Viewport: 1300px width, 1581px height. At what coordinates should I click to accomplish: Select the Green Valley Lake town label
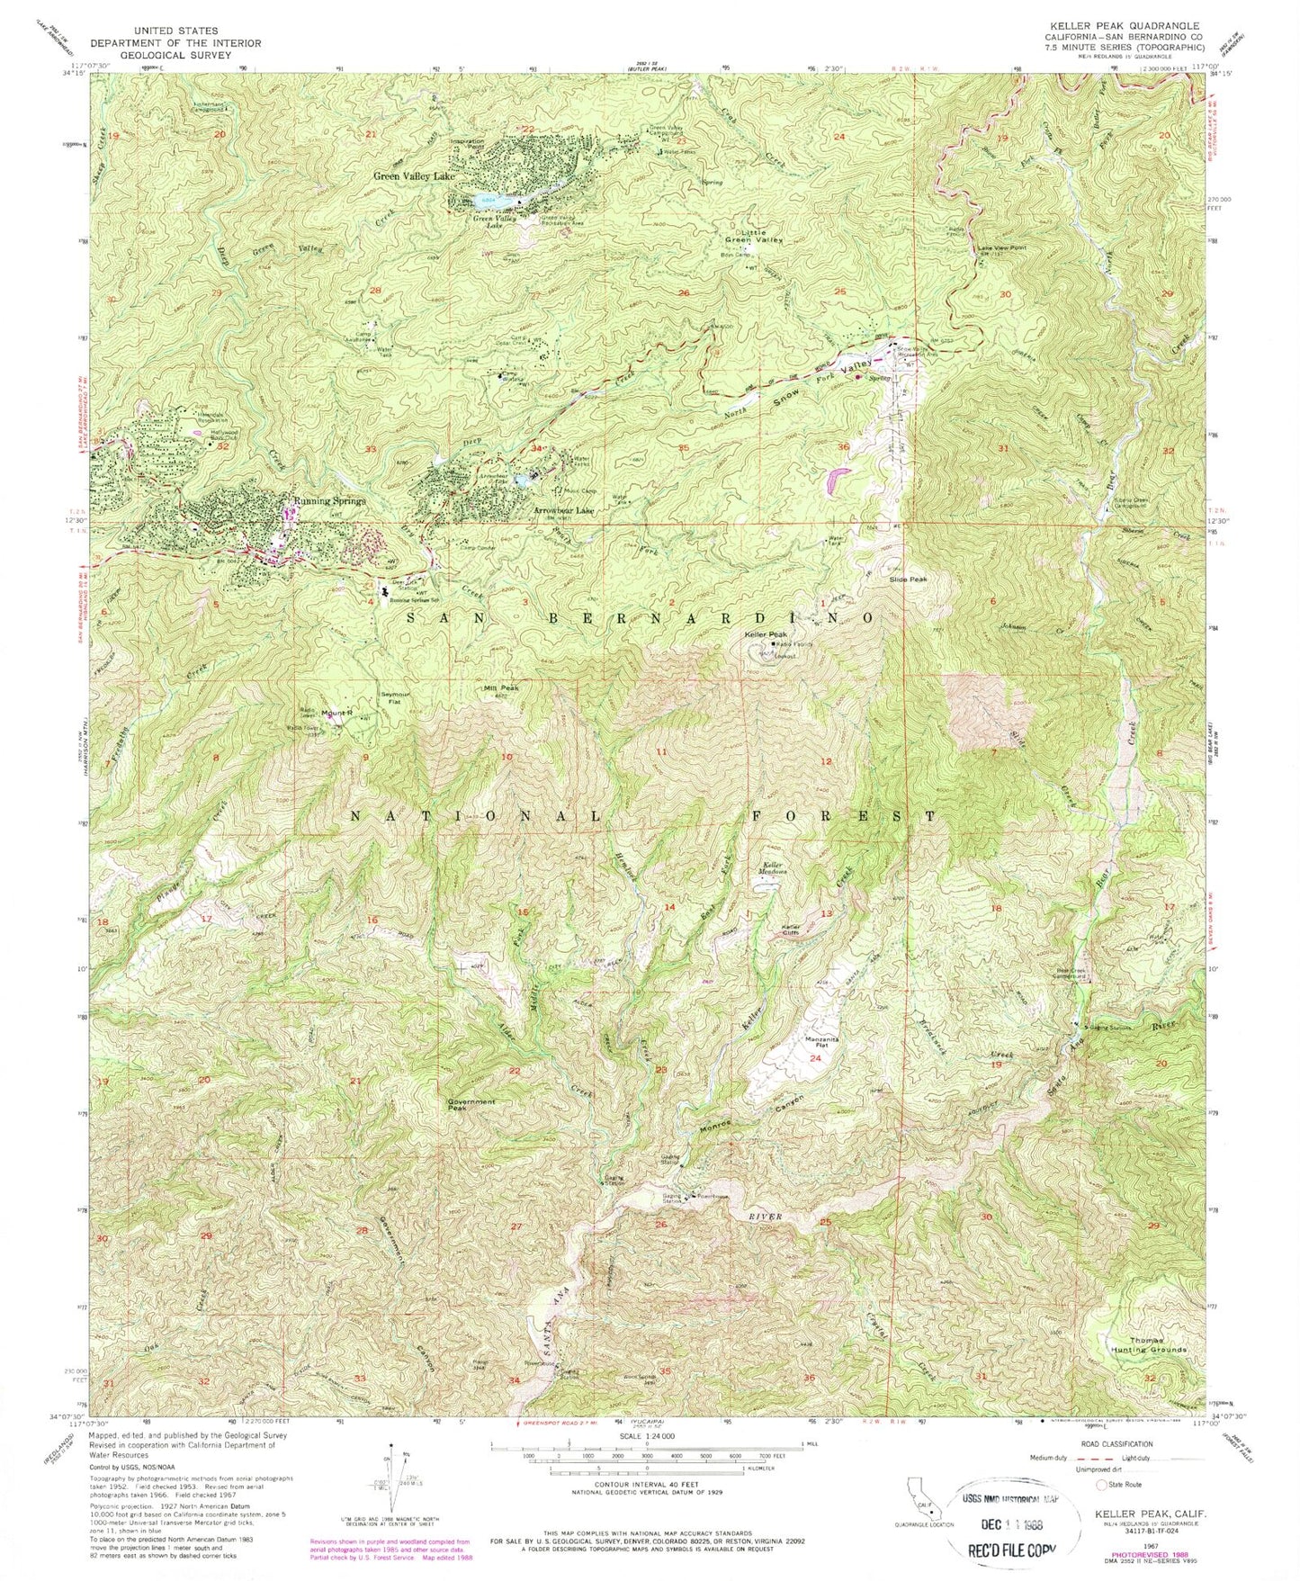pyautogui.click(x=414, y=177)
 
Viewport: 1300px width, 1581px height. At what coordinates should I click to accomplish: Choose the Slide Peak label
pyautogui.click(x=908, y=579)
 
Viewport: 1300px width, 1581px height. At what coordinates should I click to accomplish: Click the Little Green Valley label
pyautogui.click(x=755, y=237)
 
